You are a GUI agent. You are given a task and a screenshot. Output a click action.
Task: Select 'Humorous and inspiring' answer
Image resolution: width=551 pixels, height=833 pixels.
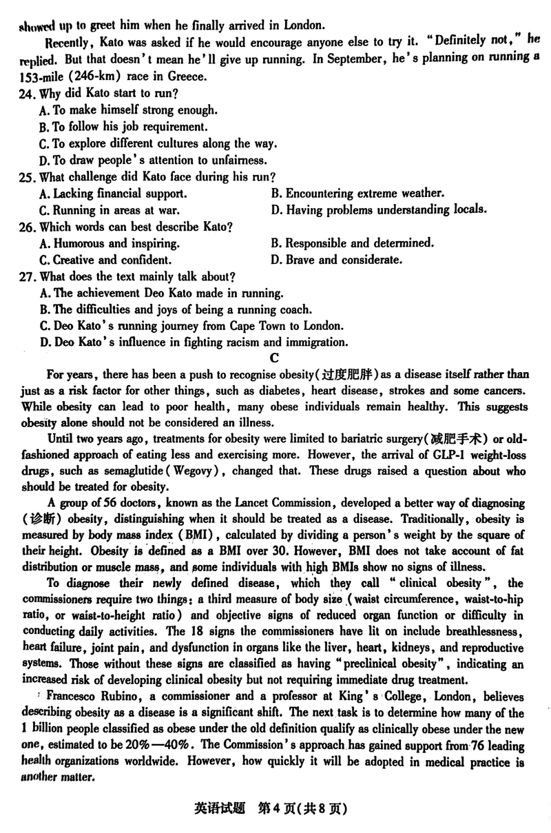[x=110, y=243]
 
